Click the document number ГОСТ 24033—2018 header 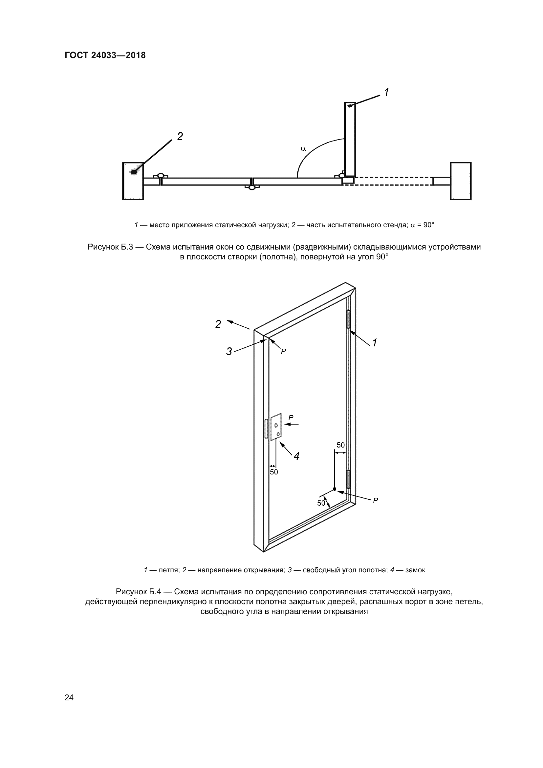pyautogui.click(x=105, y=55)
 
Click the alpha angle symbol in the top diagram pyautogui.click(x=303, y=148)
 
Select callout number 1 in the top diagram pyautogui.click(x=386, y=92)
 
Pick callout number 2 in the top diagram pyautogui.click(x=180, y=137)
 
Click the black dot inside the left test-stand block pyautogui.click(x=134, y=172)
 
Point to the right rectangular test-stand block pyautogui.click(x=460, y=181)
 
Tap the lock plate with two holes pyautogui.click(x=276, y=427)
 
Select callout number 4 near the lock pyautogui.click(x=296, y=456)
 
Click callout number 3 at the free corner pyautogui.click(x=229, y=352)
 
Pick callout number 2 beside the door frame pyautogui.click(x=218, y=324)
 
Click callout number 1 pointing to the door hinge pyautogui.click(x=375, y=342)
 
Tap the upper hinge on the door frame pyautogui.click(x=348, y=319)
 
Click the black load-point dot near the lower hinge pyautogui.click(x=335, y=489)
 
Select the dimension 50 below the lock pyautogui.click(x=274, y=472)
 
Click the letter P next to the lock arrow pyautogui.click(x=291, y=417)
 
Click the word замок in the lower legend pyautogui.click(x=415, y=570)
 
